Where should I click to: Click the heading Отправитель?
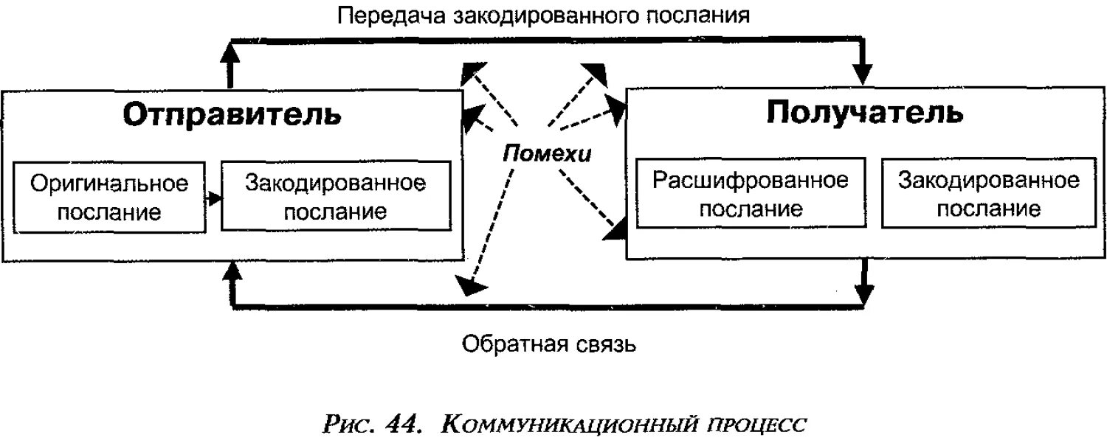tap(232, 115)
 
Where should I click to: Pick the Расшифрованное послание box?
tap(751, 195)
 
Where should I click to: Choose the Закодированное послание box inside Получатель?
tap(988, 195)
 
